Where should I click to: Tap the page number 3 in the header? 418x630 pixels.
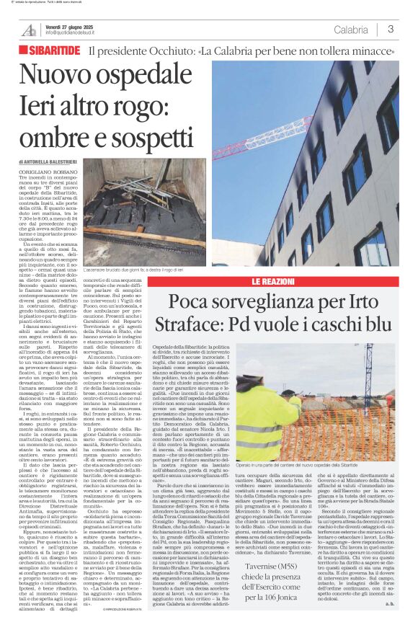[x=390, y=30]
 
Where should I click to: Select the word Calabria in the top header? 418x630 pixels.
[x=351, y=30]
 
